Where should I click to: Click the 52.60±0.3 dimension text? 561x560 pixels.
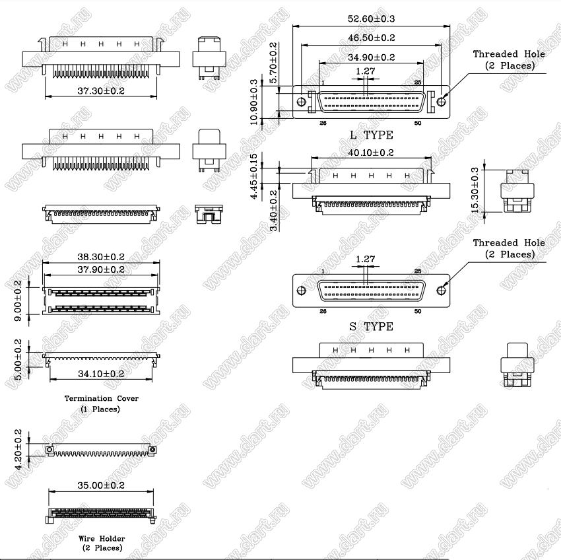click(x=371, y=18)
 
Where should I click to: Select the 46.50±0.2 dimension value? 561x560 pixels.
click(x=371, y=38)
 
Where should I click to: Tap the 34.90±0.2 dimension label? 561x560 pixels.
click(x=371, y=57)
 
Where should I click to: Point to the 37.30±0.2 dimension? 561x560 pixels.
click(x=101, y=91)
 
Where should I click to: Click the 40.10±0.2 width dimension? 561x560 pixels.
click(x=371, y=153)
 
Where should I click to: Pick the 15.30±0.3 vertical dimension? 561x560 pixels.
click(x=475, y=190)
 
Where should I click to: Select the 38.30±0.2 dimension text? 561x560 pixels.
click(x=101, y=257)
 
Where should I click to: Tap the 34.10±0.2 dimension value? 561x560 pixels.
click(x=101, y=374)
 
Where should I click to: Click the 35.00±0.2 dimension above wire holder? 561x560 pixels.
click(x=101, y=485)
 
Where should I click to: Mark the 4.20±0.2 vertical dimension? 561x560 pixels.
click(x=18, y=449)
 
